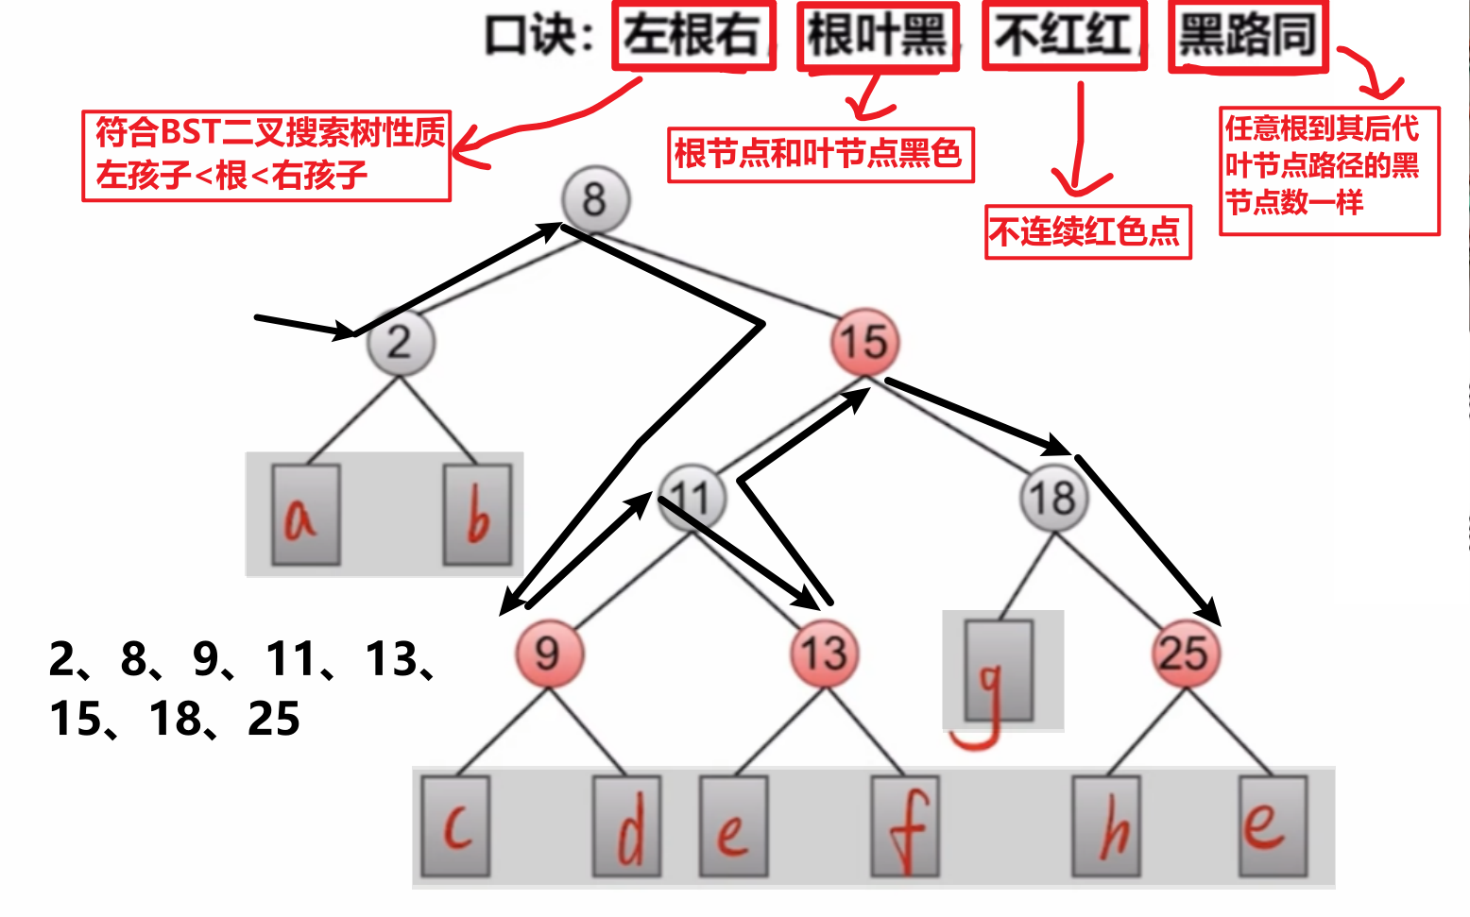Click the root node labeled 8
[596, 199]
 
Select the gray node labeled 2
[401, 343]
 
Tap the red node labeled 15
[865, 343]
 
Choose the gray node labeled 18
[1054, 498]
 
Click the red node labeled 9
[549, 654]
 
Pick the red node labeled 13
[825, 654]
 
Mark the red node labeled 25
[1186, 654]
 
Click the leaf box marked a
[306, 515]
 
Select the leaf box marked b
[478, 515]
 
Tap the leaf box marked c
[455, 826]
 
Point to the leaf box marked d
[627, 826]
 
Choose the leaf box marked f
[906, 826]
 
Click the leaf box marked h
[1106, 826]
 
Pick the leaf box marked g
[999, 671]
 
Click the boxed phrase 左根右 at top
[693, 36]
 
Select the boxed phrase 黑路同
[1248, 37]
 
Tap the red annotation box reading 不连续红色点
[1088, 232]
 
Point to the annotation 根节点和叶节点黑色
[820, 155]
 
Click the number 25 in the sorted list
[274, 719]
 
